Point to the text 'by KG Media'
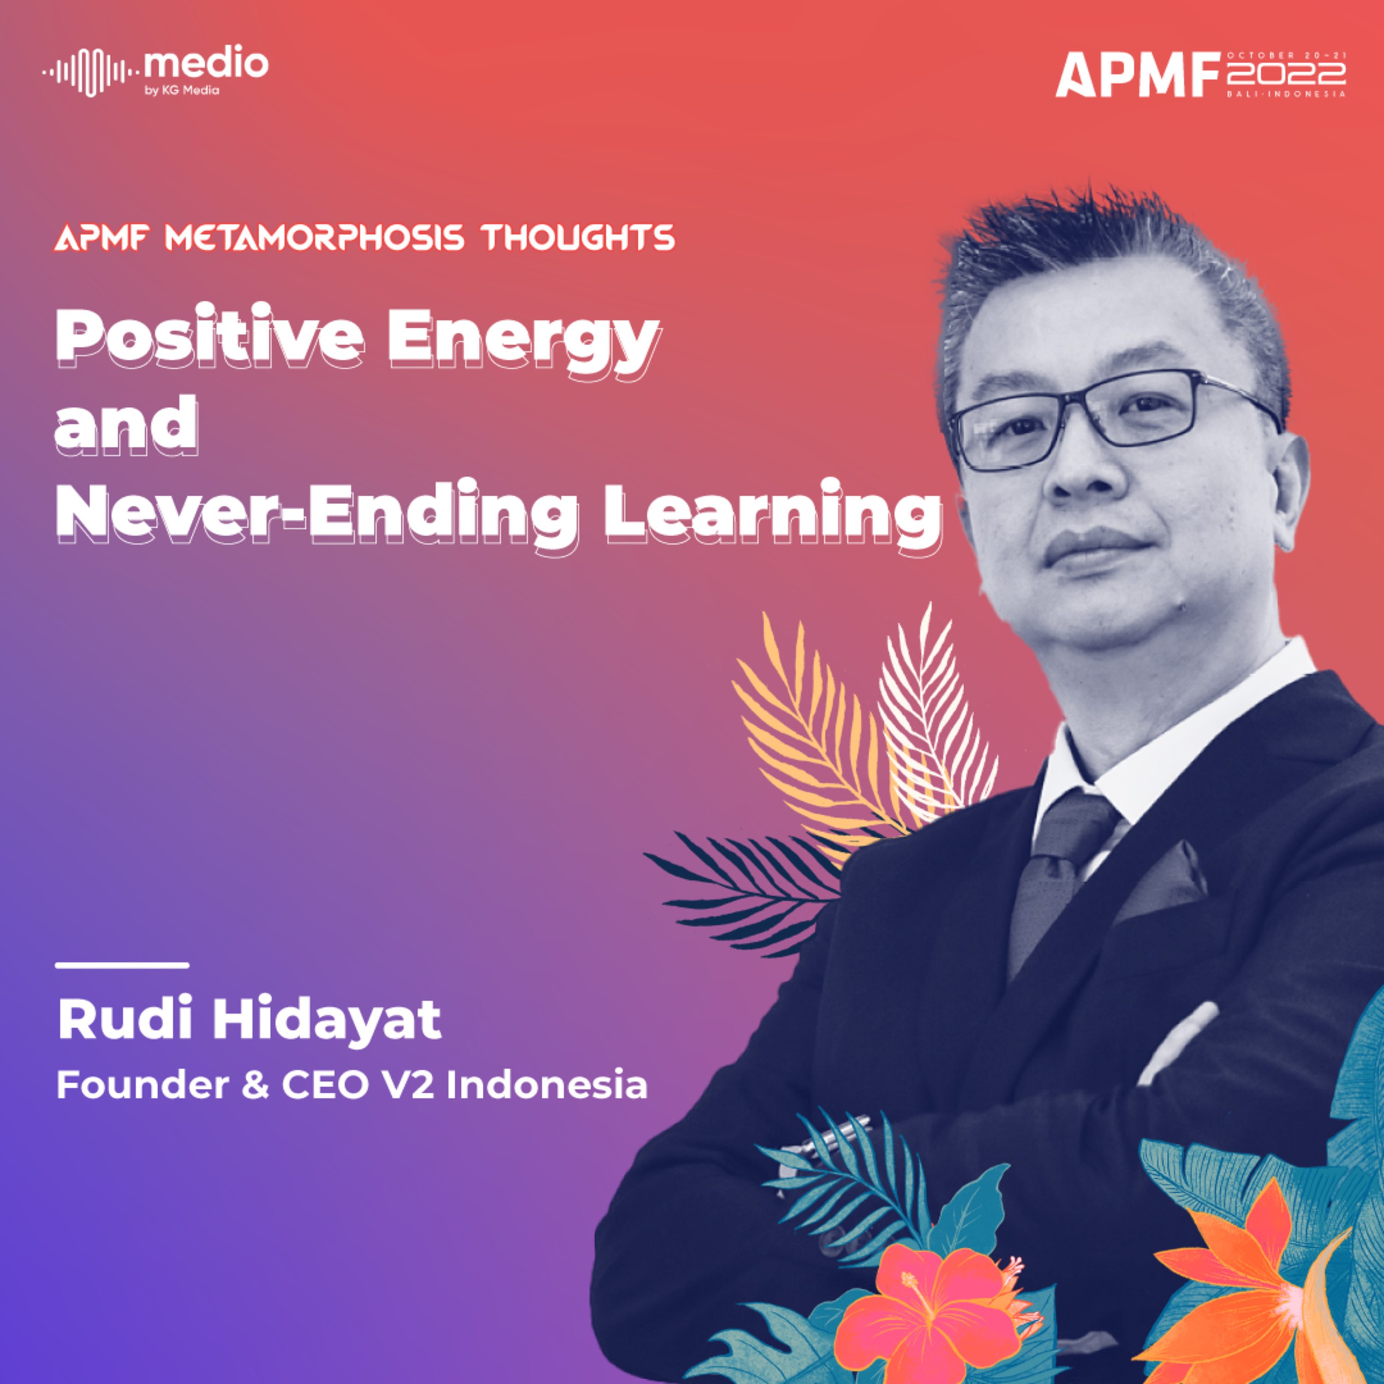click(x=182, y=90)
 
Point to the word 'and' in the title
click(x=127, y=427)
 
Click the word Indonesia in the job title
click(x=547, y=1085)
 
